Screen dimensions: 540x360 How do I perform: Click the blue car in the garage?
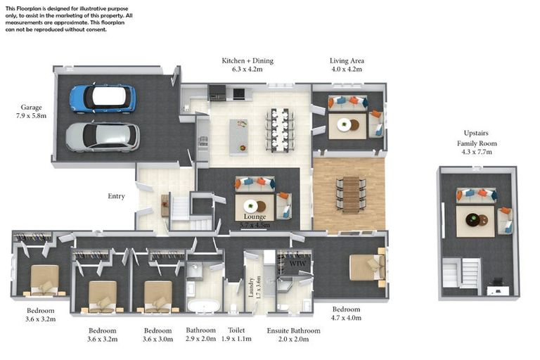[103, 98]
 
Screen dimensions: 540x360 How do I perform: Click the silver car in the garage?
[103, 137]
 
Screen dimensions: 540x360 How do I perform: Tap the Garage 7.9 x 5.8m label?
[31, 112]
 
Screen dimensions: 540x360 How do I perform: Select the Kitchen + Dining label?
[247, 60]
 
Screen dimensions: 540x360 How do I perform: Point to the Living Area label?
[347, 60]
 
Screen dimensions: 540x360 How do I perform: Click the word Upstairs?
[476, 133]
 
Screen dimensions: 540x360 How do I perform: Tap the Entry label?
[116, 196]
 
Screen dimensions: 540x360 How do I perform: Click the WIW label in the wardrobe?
[297, 263]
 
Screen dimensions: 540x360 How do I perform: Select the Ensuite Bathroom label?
[293, 330]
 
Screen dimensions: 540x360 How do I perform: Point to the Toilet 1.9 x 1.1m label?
[236, 335]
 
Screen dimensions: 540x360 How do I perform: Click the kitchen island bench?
[238, 137]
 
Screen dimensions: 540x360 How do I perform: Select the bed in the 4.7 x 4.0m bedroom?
[367, 267]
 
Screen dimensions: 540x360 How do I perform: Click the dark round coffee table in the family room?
[472, 219]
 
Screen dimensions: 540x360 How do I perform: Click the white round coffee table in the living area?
[344, 124]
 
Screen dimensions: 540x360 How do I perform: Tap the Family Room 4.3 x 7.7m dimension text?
[477, 148]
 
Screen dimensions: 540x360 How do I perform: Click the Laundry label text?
[251, 288]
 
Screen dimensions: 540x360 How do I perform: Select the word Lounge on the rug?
[255, 217]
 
